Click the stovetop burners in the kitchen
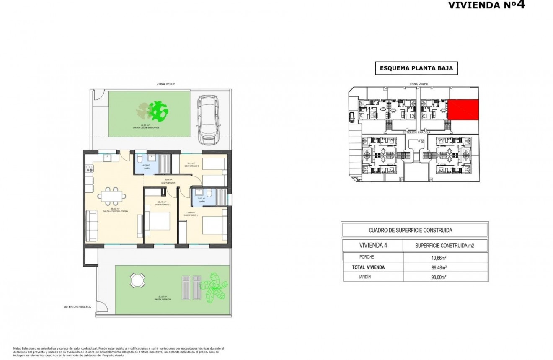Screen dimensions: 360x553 tap(89, 170)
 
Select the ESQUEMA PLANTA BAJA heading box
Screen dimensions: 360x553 tap(416, 68)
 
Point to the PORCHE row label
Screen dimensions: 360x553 tap(367, 257)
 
